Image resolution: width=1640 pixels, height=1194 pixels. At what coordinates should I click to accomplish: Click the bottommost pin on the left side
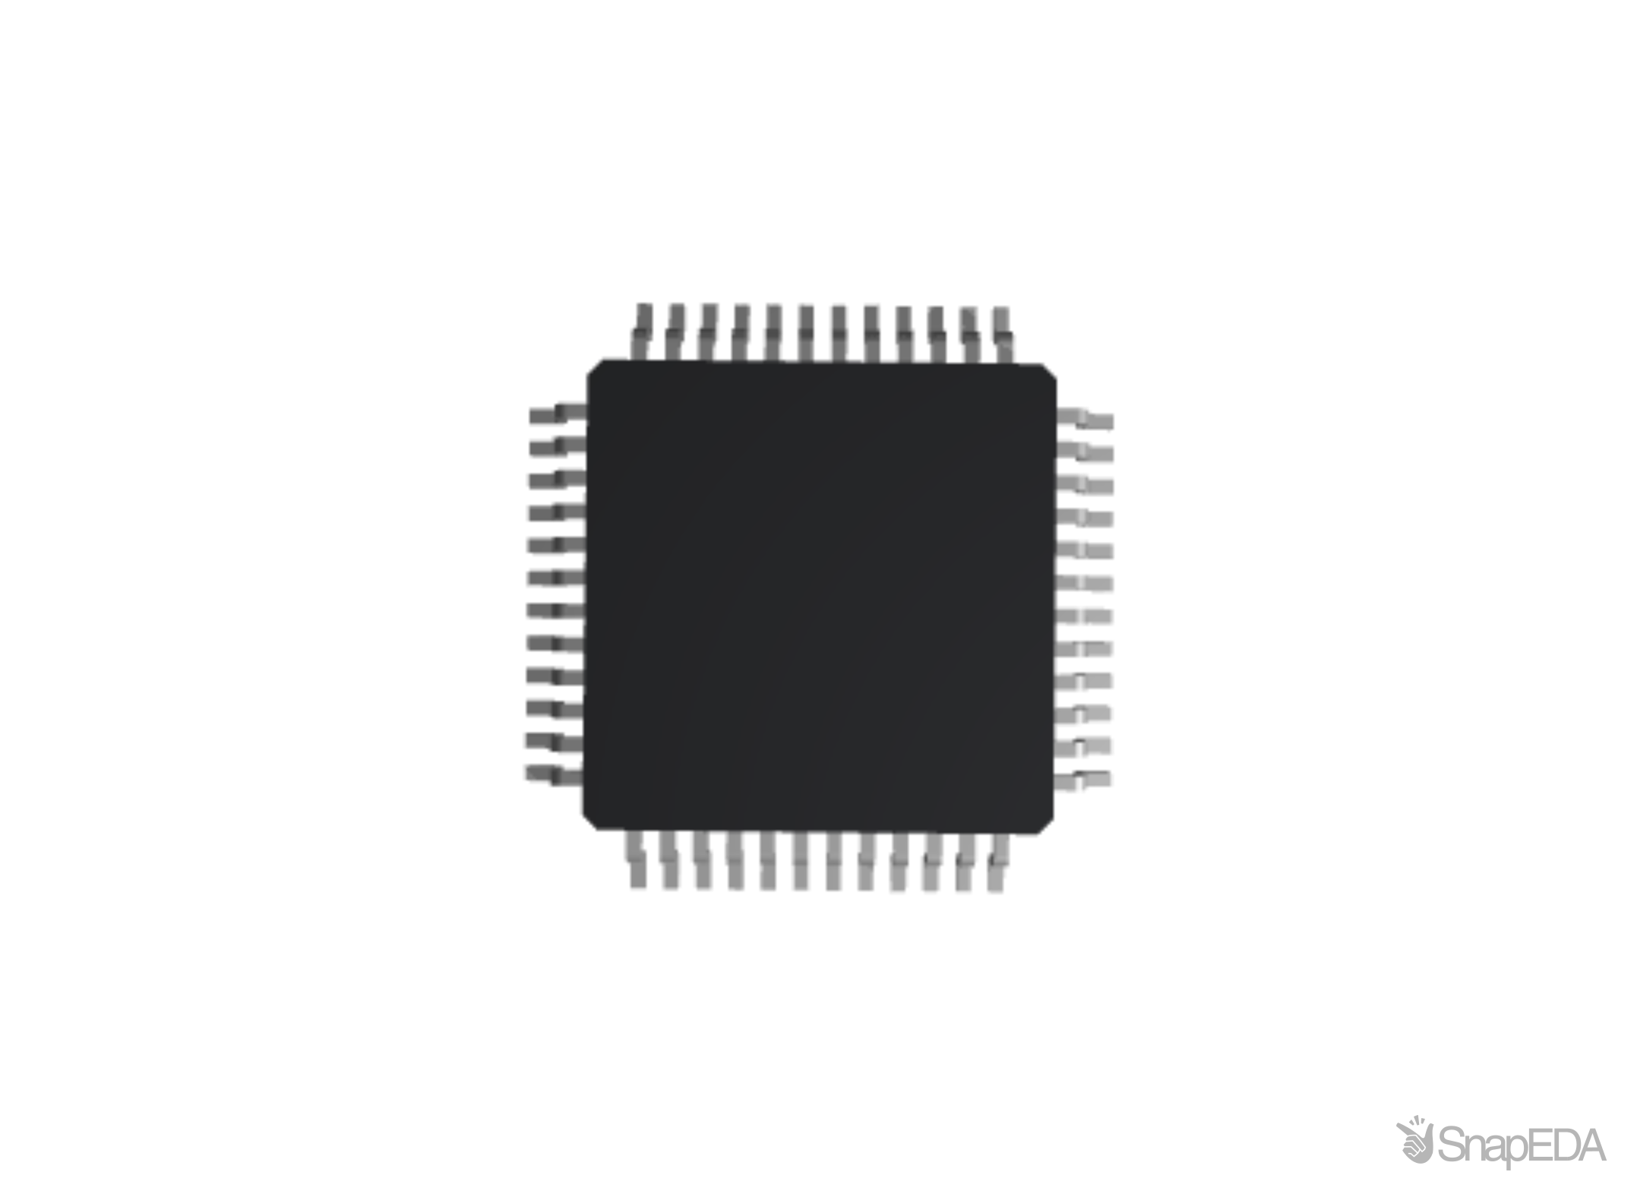coord(552,775)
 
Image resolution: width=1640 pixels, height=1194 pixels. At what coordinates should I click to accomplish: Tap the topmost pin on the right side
coord(1086,419)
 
